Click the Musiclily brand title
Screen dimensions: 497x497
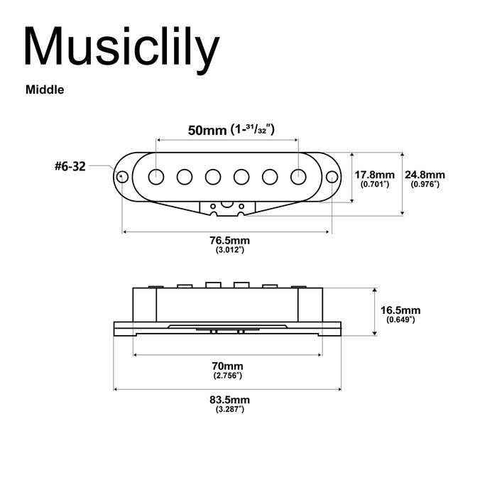click(x=121, y=48)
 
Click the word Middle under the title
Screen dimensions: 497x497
click(x=45, y=90)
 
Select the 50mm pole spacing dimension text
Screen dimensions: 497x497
click(x=229, y=130)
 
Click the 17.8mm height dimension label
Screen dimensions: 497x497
click(x=375, y=175)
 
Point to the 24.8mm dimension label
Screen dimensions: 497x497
click(x=425, y=175)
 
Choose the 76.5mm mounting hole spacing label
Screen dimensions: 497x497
click(x=229, y=241)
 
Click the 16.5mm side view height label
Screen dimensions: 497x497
click(x=400, y=310)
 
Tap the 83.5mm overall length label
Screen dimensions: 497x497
click(x=229, y=400)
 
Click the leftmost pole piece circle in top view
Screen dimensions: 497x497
click(x=156, y=175)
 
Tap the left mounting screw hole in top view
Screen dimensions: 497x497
click(x=123, y=175)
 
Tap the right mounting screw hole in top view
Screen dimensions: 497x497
click(x=331, y=175)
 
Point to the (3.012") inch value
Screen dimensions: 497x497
click(x=229, y=251)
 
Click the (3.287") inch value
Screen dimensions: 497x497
click(x=229, y=410)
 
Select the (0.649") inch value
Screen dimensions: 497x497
click(x=400, y=320)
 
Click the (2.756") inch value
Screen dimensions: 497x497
click(x=229, y=374)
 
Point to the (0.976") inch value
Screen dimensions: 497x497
click(x=425, y=185)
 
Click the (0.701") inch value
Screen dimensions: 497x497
click(x=375, y=185)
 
